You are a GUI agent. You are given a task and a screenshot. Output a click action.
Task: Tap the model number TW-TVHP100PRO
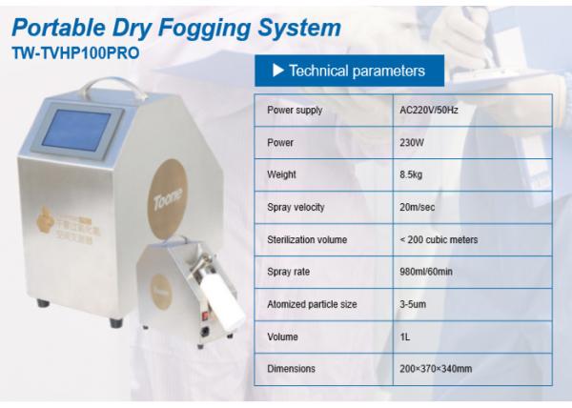click(75, 52)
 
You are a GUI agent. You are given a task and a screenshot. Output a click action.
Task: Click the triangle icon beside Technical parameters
click(278, 71)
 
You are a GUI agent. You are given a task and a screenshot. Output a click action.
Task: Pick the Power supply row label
click(295, 111)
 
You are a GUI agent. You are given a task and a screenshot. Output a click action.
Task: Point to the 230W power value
click(412, 143)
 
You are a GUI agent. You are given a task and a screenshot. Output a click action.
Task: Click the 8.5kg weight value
click(411, 174)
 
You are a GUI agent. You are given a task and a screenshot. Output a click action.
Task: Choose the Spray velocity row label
click(296, 207)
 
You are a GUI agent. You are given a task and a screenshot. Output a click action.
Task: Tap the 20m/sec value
click(417, 207)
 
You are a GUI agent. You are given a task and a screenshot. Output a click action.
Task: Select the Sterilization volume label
click(307, 239)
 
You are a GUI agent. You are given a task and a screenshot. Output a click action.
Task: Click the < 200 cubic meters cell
click(439, 239)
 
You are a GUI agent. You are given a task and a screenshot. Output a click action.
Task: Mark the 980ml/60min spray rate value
click(426, 272)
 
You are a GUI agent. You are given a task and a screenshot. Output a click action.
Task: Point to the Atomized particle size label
click(312, 304)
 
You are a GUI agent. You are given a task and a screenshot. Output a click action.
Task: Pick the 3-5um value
click(413, 304)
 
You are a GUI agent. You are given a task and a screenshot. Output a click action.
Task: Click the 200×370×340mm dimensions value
click(436, 369)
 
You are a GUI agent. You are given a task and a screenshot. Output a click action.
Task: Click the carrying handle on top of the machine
click(113, 86)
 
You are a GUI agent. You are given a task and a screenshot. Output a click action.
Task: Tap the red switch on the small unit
click(205, 315)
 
